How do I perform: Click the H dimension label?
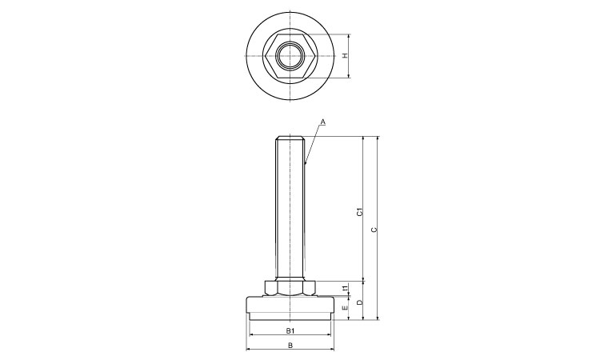click(345, 56)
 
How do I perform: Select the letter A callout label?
click(322, 122)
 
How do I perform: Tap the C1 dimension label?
click(359, 211)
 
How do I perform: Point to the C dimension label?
click(374, 230)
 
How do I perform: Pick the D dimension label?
click(359, 302)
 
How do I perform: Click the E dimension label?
click(345, 307)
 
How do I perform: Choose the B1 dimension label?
click(290, 330)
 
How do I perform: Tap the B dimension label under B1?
click(290, 345)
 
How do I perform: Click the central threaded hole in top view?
click(290, 56)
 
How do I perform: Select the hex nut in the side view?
click(290, 288)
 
